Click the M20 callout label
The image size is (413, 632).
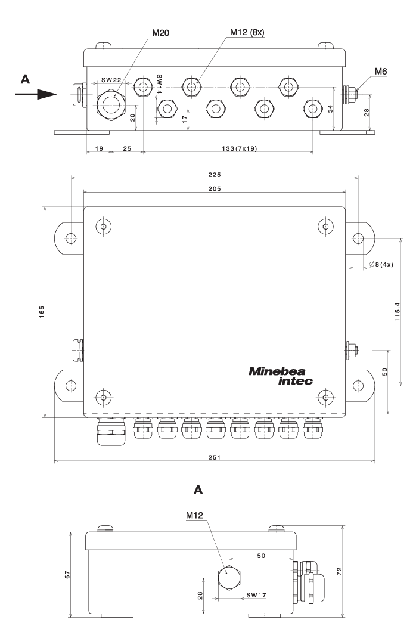pyautogui.click(x=159, y=32)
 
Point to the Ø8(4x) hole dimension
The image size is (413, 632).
pyautogui.click(x=379, y=265)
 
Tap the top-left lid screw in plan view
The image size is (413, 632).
pyautogui.click(x=104, y=227)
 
